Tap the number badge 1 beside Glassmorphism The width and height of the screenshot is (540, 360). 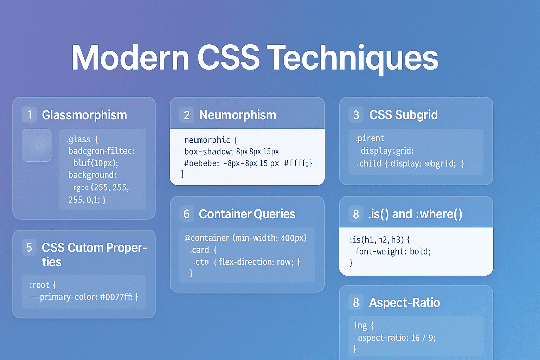click(x=29, y=115)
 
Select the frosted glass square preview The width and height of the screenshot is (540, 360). click(x=37, y=145)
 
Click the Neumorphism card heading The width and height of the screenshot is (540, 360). click(x=238, y=115)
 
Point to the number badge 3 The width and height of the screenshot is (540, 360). click(x=356, y=115)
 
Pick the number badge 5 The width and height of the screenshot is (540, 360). click(x=29, y=247)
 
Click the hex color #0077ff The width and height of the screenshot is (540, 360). click(x=116, y=297)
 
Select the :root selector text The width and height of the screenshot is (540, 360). click(x=39, y=285)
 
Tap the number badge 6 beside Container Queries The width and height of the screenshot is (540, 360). click(x=187, y=214)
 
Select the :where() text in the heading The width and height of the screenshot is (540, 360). click(x=439, y=214)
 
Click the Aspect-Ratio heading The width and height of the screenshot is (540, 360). click(x=404, y=303)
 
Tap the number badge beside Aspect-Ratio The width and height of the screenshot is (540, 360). click(x=356, y=303)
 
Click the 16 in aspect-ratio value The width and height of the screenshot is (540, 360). click(x=415, y=338)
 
